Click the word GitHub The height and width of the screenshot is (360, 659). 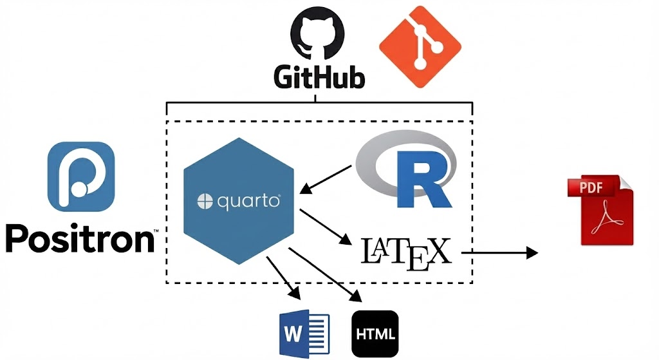(x=319, y=78)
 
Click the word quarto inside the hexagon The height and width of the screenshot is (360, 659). (x=248, y=202)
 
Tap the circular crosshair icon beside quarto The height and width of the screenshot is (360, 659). (x=205, y=202)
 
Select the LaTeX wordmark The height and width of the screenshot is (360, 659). (x=405, y=252)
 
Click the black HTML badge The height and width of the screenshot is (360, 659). (x=375, y=334)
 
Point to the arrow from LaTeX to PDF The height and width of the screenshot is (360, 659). (x=499, y=252)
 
